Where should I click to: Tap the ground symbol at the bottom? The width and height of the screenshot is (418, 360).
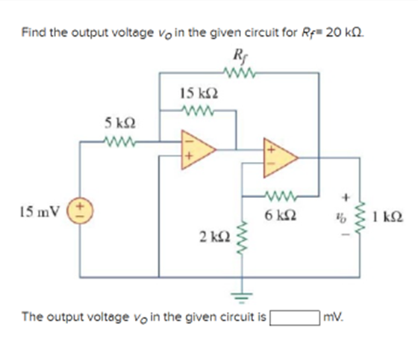pyautogui.click(x=240, y=294)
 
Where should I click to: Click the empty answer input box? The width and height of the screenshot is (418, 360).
pyautogui.click(x=294, y=317)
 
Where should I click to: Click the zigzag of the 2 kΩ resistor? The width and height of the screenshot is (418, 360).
pyautogui.click(x=240, y=237)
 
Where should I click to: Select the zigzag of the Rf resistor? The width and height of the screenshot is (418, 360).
pyautogui.click(x=237, y=73)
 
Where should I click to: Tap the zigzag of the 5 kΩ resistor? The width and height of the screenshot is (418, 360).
pyautogui.click(x=119, y=139)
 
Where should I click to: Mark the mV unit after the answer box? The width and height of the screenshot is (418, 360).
pyautogui.click(x=332, y=317)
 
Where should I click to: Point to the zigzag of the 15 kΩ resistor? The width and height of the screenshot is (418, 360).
pyautogui.click(x=199, y=113)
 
